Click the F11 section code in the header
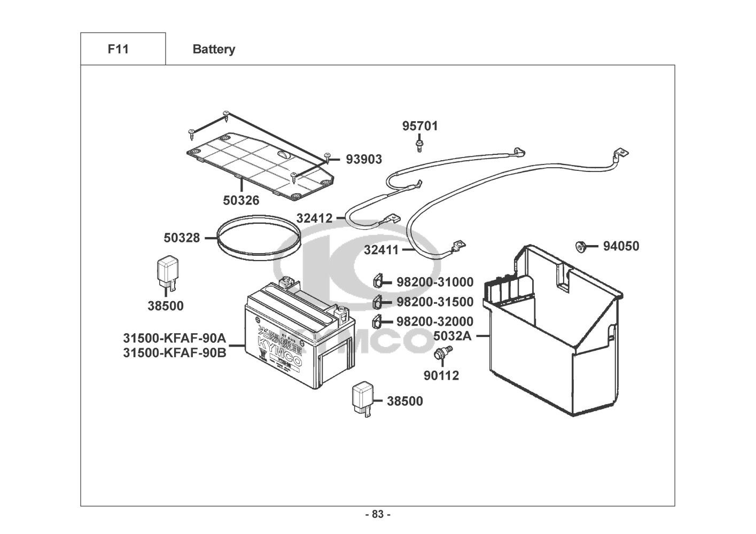(x=118, y=49)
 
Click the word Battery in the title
(x=214, y=50)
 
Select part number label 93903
(x=364, y=159)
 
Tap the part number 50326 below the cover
(x=241, y=201)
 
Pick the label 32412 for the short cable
(x=314, y=218)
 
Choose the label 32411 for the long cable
(x=381, y=249)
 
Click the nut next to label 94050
(x=579, y=246)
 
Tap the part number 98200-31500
(x=435, y=302)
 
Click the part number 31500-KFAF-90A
(x=175, y=338)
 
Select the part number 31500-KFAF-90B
(x=175, y=353)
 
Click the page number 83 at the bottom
(x=378, y=515)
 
